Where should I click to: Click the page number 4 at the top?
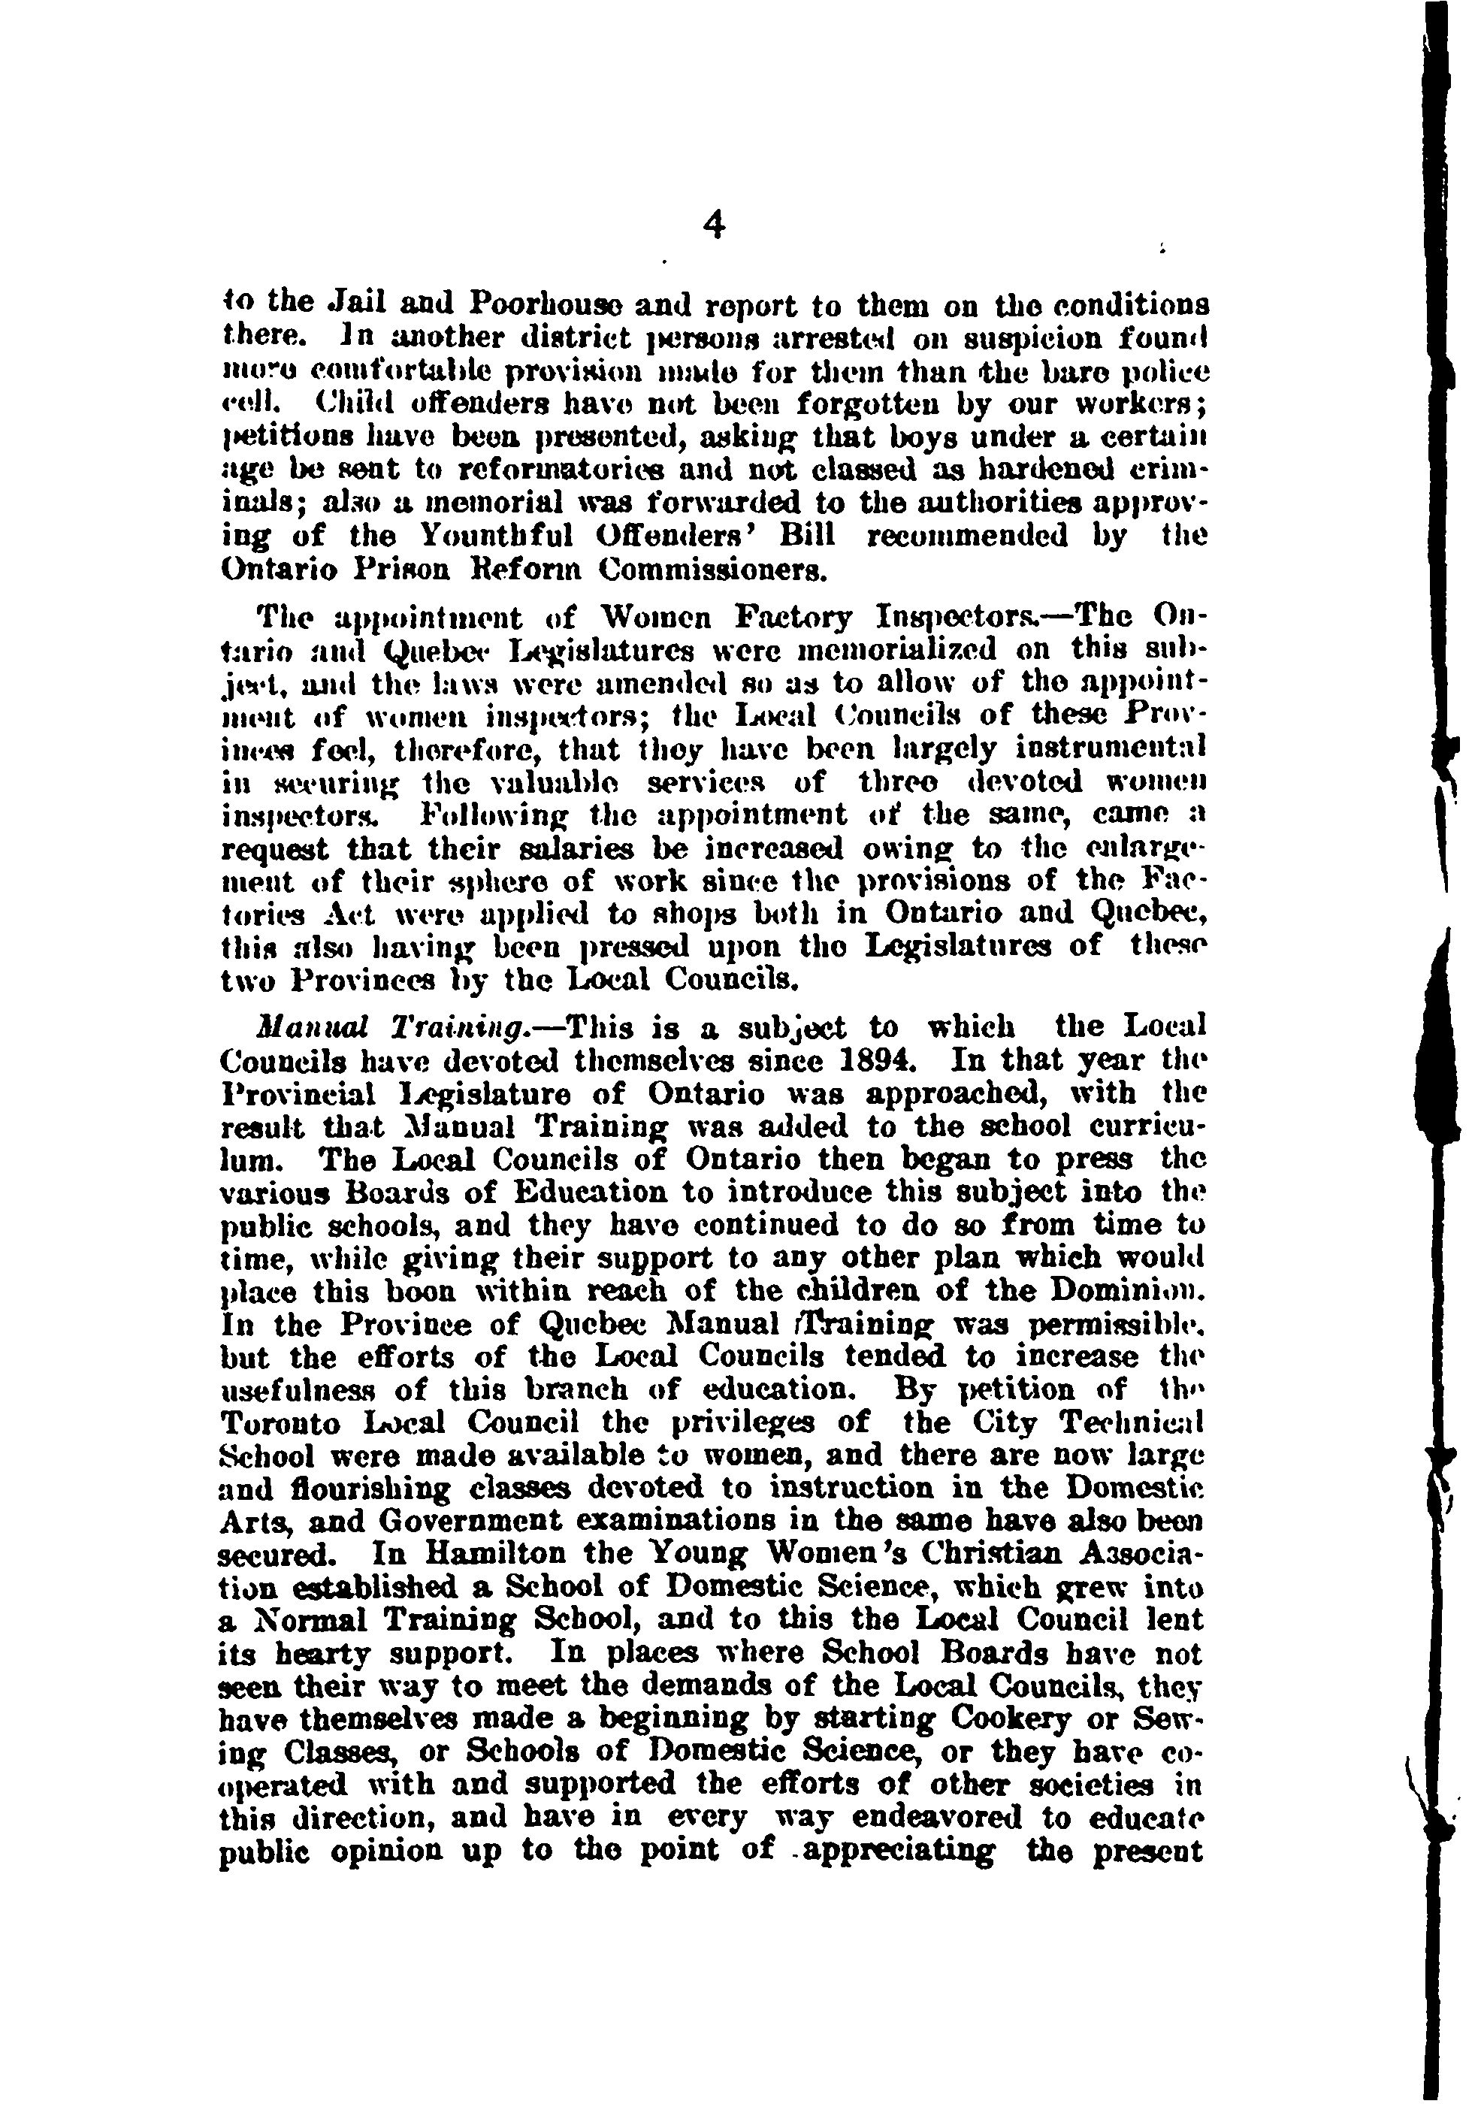click(714, 225)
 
